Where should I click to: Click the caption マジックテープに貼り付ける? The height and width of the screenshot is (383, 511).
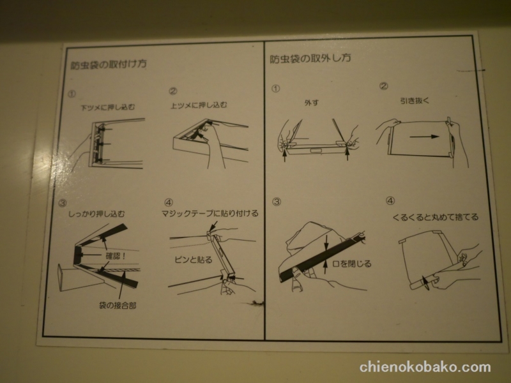click(210, 213)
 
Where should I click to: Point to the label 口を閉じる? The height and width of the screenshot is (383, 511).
click(355, 263)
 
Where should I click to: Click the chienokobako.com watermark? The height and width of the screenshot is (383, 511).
click(425, 367)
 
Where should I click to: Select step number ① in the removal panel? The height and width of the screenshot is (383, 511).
click(275, 87)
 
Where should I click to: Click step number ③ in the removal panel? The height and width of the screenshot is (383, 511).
click(277, 202)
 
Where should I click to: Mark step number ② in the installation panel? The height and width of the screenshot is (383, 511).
click(172, 91)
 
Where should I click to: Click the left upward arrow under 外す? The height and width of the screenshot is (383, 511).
click(285, 154)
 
